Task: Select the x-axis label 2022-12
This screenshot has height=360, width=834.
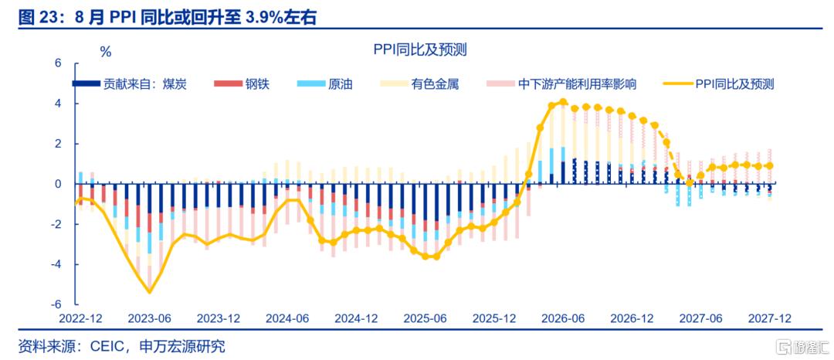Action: point(81,318)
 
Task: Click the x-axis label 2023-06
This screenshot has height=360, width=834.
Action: point(150,318)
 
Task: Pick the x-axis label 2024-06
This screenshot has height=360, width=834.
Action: point(287,318)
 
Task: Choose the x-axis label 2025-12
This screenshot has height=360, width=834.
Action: point(494,318)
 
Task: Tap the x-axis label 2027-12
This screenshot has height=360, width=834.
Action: point(770,318)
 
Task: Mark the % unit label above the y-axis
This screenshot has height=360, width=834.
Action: point(106,52)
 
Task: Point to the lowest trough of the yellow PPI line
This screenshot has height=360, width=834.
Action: point(150,291)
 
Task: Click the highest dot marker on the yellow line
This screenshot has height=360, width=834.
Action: point(563,101)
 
